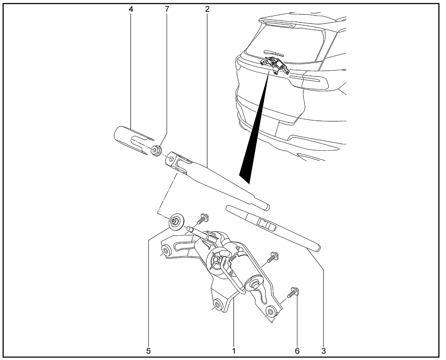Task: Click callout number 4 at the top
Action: pyautogui.click(x=131, y=9)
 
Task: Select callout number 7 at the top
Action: pyautogui.click(x=167, y=9)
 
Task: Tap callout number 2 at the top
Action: pyautogui.click(x=207, y=9)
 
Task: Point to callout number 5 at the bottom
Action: pyautogui.click(x=148, y=351)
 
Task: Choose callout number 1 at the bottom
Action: pyautogui.click(x=234, y=351)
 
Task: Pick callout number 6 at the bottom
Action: pyautogui.click(x=297, y=351)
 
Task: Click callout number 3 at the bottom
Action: pyautogui.click(x=323, y=351)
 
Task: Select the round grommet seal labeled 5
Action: pyautogui.click(x=176, y=222)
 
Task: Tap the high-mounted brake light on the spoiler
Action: pyautogui.click(x=280, y=25)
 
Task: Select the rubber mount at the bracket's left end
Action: pyautogui.click(x=166, y=251)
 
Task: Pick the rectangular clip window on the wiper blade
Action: pyautogui.click(x=264, y=223)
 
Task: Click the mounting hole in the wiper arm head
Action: pyautogui.click(x=171, y=159)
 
